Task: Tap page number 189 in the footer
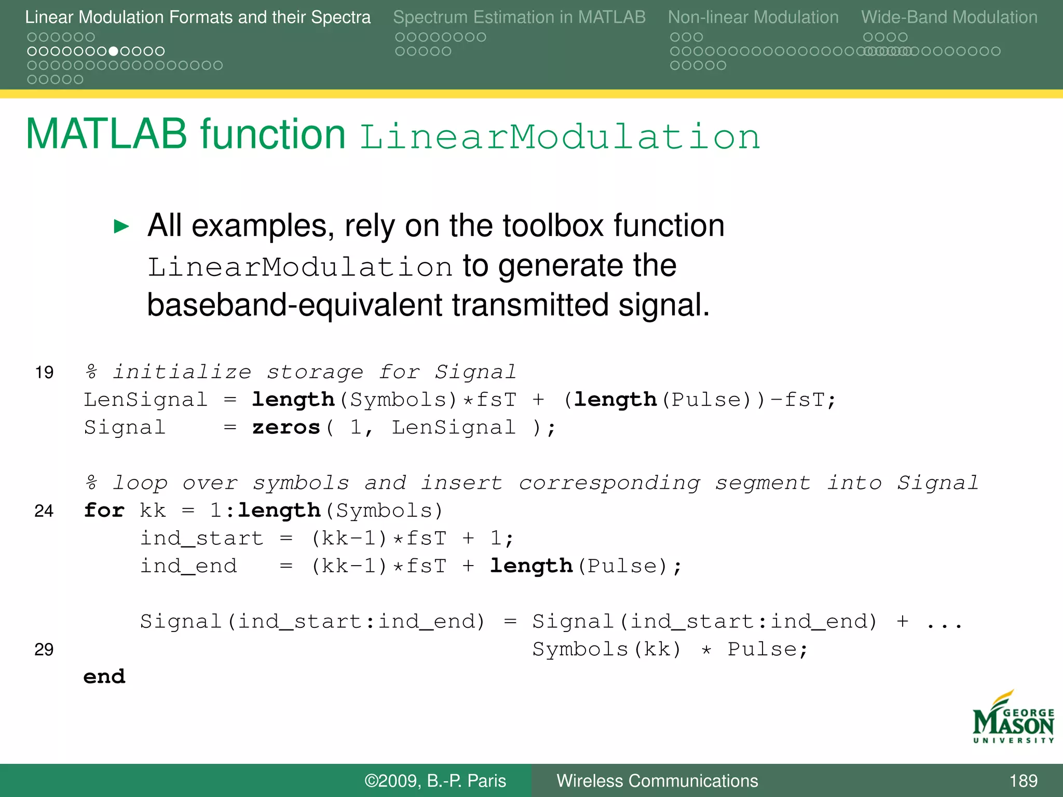click(1023, 780)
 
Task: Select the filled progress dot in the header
click(113, 51)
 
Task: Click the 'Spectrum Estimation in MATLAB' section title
click(519, 17)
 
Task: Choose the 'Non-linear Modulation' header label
click(753, 17)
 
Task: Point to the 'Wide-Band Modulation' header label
click(949, 17)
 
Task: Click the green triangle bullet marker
click(121, 226)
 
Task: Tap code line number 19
click(44, 373)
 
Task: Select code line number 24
click(44, 511)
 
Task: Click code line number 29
click(44, 650)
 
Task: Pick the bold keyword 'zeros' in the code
click(286, 428)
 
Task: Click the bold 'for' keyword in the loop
click(104, 511)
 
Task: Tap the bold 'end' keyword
click(104, 677)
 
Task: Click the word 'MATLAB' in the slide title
click(106, 134)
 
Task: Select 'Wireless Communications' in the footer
click(657, 780)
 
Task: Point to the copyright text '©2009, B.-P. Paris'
click(435, 780)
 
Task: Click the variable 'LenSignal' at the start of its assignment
click(146, 400)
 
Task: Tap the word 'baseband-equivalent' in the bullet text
click(294, 305)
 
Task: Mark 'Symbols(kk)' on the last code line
click(607, 650)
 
